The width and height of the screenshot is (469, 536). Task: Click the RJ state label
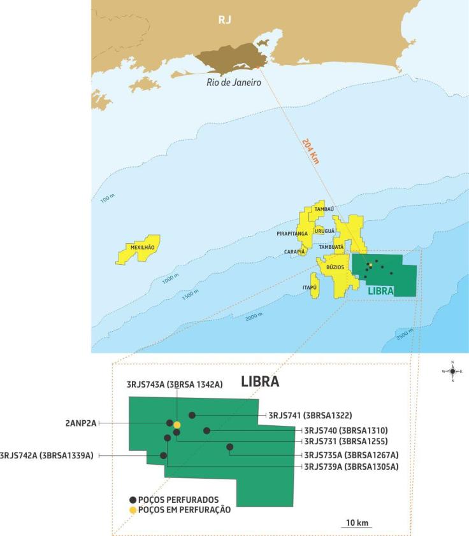[224, 20]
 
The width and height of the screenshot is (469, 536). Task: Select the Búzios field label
[335, 268]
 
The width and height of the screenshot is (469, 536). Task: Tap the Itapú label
[310, 287]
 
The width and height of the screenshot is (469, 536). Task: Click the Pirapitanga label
[292, 234]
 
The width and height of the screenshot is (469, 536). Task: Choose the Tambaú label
[324, 209]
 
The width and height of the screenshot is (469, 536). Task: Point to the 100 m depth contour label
[106, 199]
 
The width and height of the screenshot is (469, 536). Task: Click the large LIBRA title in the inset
[259, 382]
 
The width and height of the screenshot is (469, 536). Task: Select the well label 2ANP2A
[80, 423]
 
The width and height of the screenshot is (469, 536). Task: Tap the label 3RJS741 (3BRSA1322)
[310, 415]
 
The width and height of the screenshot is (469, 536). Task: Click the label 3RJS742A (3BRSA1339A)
[47, 455]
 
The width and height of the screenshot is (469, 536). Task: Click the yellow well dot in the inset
[177, 425]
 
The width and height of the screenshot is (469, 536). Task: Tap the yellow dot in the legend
[133, 510]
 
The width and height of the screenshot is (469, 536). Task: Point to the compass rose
[452, 370]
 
